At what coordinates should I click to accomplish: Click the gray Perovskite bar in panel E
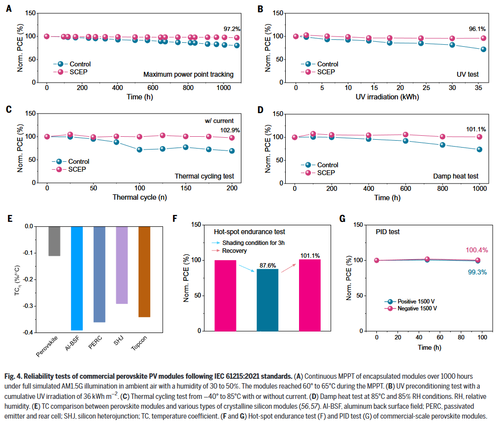point(54,241)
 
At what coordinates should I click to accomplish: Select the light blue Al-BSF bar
point(77,278)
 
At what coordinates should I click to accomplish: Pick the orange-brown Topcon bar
point(144,272)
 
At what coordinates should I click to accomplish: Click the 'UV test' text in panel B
point(467,75)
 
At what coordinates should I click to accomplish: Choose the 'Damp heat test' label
point(456,176)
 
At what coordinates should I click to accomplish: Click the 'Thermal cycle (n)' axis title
point(139,198)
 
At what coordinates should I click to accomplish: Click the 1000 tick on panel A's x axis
point(223,87)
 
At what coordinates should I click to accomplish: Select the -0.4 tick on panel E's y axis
point(28,333)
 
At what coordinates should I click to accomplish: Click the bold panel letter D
point(260,110)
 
